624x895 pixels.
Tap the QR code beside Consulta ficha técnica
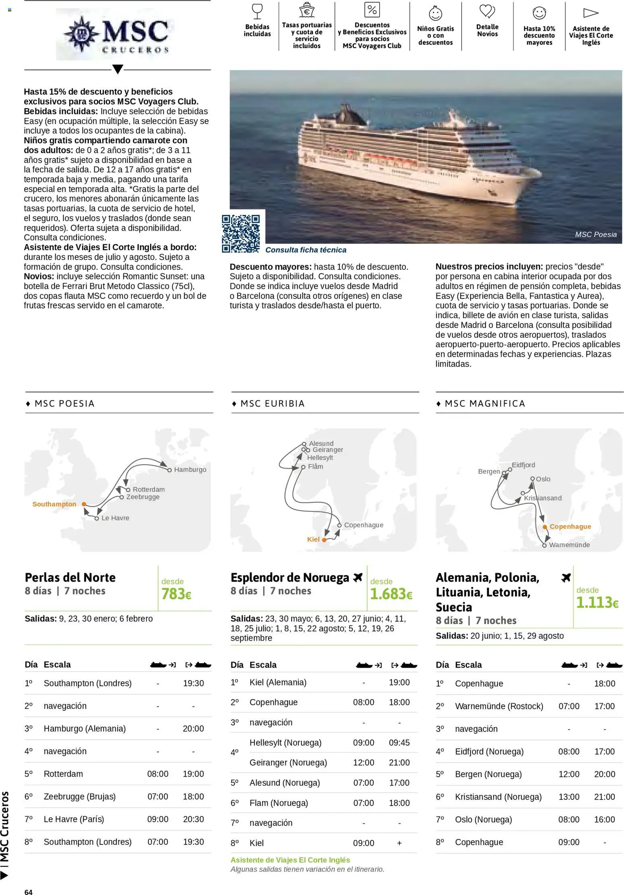(x=241, y=233)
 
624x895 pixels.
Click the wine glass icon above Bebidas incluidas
(x=257, y=11)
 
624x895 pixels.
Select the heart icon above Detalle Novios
(x=487, y=11)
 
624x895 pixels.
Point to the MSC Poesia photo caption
(x=595, y=235)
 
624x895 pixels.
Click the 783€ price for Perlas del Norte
(x=176, y=594)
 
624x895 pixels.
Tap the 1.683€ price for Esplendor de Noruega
(x=391, y=594)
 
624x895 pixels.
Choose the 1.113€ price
(x=597, y=602)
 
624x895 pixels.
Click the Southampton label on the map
(x=54, y=504)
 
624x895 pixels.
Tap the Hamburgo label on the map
(x=190, y=470)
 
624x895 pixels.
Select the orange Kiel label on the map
(x=313, y=539)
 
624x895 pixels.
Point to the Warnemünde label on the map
(x=569, y=545)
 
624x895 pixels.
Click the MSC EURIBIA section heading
(x=273, y=404)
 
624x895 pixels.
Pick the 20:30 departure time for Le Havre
(x=193, y=819)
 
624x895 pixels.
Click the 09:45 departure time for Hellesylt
(x=399, y=742)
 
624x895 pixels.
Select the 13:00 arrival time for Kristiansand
(x=568, y=797)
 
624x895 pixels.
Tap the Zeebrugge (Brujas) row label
(x=80, y=796)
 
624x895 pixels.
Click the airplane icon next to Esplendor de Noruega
(x=358, y=577)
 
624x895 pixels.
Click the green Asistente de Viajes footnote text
(x=290, y=860)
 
